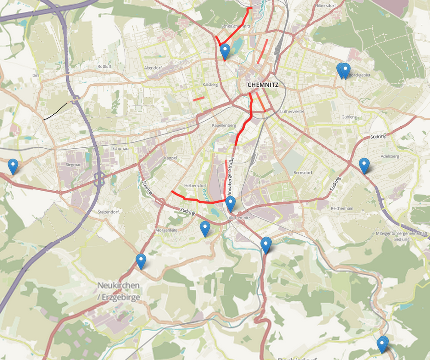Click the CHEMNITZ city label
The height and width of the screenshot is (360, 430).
pos(263,85)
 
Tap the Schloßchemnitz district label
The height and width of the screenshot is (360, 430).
pos(236,26)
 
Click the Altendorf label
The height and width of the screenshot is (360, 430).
pos(153,68)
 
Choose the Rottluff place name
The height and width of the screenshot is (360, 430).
pos(104,67)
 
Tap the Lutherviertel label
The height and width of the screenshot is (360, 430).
pos(292,111)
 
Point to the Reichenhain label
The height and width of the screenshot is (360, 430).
pos(342,208)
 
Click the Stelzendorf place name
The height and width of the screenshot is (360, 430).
pos(108,212)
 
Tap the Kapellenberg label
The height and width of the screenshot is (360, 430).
pos(224,125)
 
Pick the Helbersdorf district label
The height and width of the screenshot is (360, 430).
pos(193,186)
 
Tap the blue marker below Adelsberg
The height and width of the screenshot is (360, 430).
pos(364,165)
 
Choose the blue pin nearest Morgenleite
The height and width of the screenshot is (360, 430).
pos(205,228)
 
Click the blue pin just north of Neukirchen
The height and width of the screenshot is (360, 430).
pos(141,261)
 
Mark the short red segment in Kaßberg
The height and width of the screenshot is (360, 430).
pos(198,99)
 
